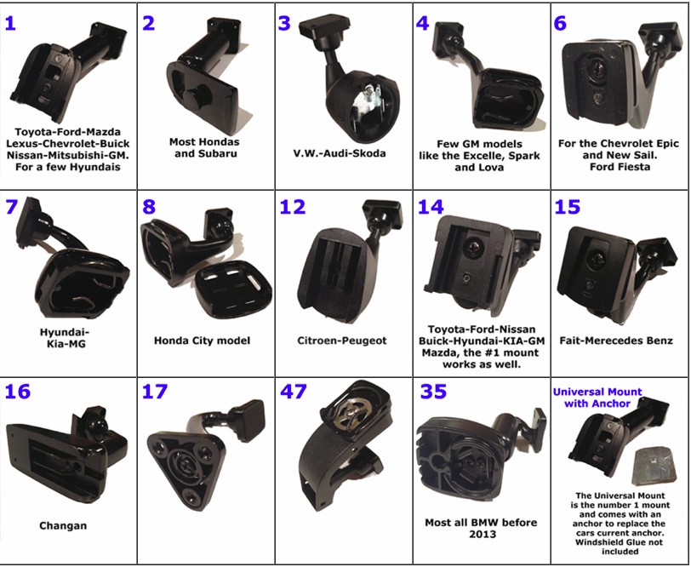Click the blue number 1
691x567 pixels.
[10, 22]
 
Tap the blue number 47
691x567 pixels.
[294, 391]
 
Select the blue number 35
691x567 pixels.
[433, 391]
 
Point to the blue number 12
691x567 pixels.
[293, 207]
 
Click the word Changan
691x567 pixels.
[63, 525]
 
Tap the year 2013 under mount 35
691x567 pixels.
[483, 534]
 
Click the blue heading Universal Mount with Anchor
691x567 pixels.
[597, 398]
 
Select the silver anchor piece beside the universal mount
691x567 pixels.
[654, 465]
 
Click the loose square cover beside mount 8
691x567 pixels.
[232, 289]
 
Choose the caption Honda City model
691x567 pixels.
[202, 341]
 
